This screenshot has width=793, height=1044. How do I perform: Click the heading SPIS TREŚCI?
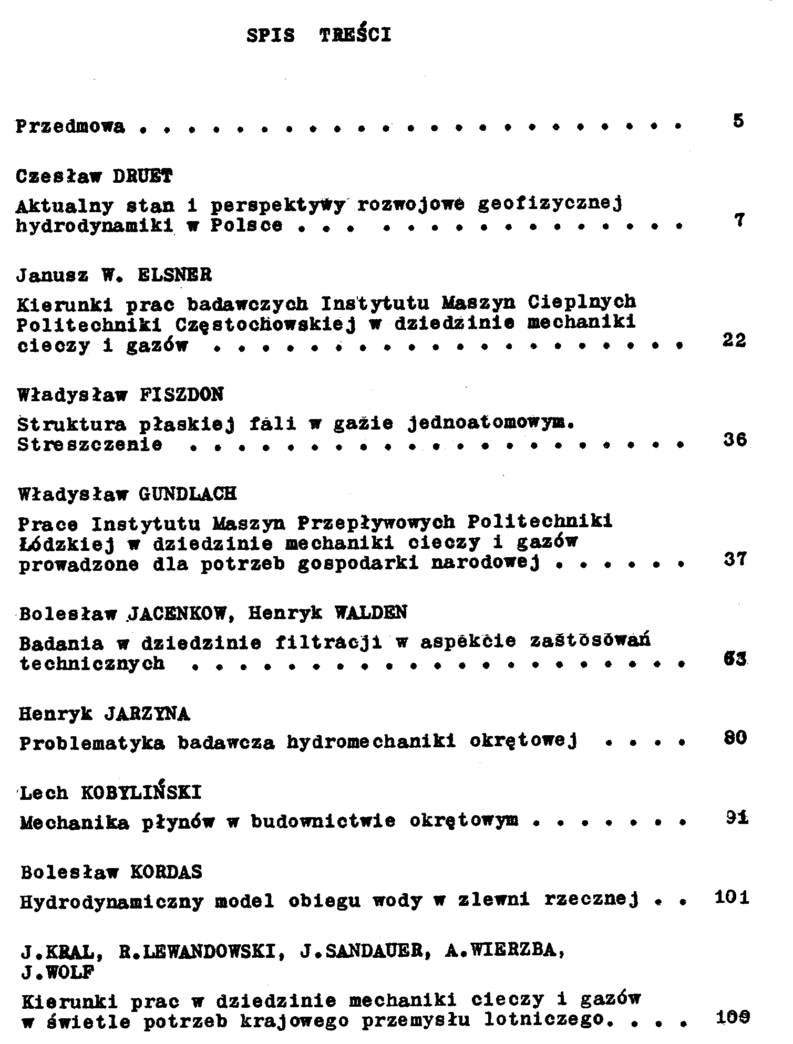coord(319,35)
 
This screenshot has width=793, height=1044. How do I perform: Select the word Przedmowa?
coord(70,127)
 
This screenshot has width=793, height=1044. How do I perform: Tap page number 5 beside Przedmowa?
coord(738,121)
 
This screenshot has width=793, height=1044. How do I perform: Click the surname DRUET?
coord(143,176)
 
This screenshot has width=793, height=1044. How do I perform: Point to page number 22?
coord(734,341)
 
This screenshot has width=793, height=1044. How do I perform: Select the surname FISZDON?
coord(182,394)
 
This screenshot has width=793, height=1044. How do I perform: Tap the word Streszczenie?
coord(90,445)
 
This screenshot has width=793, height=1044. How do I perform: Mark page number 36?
coord(735,440)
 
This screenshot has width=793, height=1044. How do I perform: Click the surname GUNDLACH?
coord(188,494)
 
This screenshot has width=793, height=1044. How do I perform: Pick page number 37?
coord(735,560)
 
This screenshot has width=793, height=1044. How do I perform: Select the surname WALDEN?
coord(370,612)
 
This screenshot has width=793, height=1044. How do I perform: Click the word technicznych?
coord(92,664)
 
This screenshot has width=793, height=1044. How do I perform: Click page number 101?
coord(732,897)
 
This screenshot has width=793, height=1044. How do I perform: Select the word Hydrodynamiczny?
coord(111,902)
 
